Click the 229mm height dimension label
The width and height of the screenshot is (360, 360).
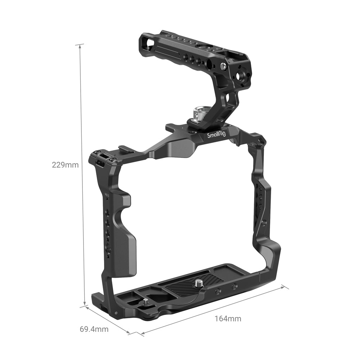65,165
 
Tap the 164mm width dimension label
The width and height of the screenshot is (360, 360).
228,318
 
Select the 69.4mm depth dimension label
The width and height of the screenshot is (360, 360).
94,329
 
